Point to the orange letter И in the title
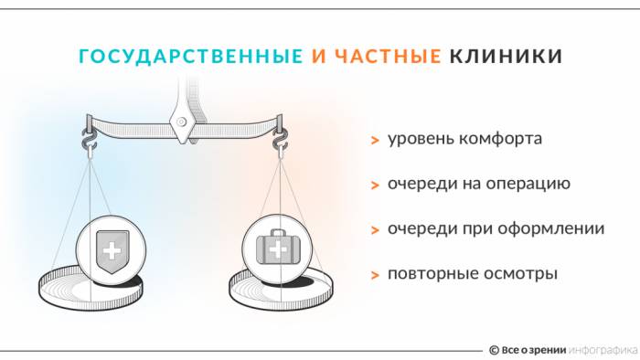tap(318, 57)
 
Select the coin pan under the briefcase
tap(274, 289)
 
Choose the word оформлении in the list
tap(558, 228)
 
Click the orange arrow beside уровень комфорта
tap(375, 141)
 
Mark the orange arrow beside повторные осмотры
tap(375, 274)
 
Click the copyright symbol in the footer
tap(494, 349)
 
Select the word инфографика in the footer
tap(603, 349)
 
